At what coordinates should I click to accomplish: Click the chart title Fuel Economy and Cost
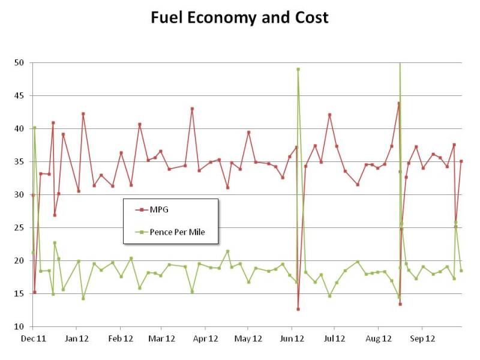pyautogui.click(x=239, y=17)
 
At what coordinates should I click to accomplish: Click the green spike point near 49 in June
pyautogui.click(x=298, y=69)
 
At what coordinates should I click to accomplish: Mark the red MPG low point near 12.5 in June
pyautogui.click(x=298, y=309)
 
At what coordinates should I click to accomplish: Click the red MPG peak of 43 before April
pyautogui.click(x=192, y=109)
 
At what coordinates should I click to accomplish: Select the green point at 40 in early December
pyautogui.click(x=35, y=127)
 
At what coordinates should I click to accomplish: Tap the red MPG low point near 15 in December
pyautogui.click(x=35, y=292)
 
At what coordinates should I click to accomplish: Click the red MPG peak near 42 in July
pyautogui.click(x=329, y=115)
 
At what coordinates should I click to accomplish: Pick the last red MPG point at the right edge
pyautogui.click(x=461, y=161)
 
